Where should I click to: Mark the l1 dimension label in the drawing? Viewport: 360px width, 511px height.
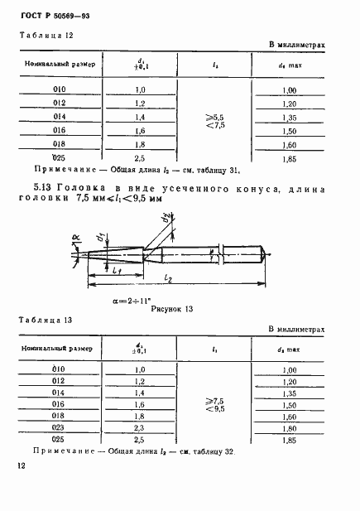pos(118,272)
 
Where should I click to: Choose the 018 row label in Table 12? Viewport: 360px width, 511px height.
pos(58,143)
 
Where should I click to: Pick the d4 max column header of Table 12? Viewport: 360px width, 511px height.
pos(290,64)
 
